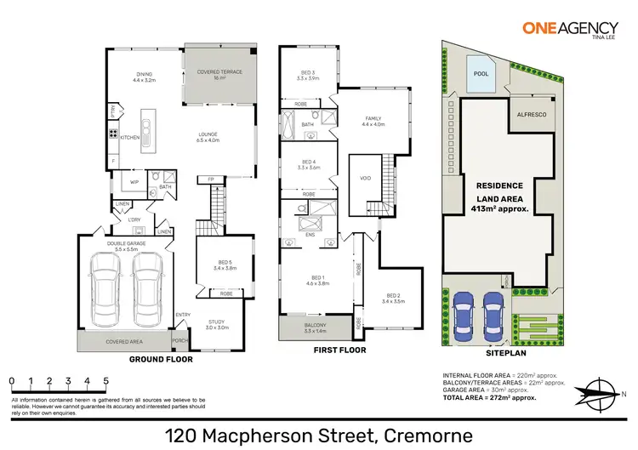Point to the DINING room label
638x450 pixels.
(145, 75)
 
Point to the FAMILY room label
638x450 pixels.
(373, 121)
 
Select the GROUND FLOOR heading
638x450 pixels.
(160, 359)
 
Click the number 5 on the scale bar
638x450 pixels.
(105, 381)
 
